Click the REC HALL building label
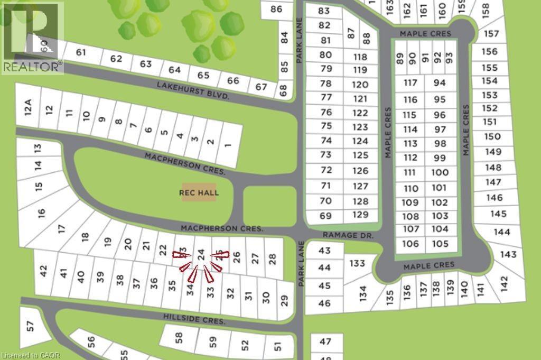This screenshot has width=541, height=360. [199, 193]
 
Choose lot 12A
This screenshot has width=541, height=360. [29, 108]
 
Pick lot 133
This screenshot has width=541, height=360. [358, 263]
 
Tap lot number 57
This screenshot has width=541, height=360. [30, 326]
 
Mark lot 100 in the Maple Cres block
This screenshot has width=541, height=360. [440, 172]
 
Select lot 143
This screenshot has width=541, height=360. [508, 254]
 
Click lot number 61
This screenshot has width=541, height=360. [81, 52]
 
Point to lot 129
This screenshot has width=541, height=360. [360, 215]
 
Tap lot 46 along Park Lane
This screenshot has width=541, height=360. [324, 303]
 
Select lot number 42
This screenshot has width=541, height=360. [44, 271]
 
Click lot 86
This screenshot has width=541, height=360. [276, 8]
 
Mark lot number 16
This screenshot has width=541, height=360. [42, 213]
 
